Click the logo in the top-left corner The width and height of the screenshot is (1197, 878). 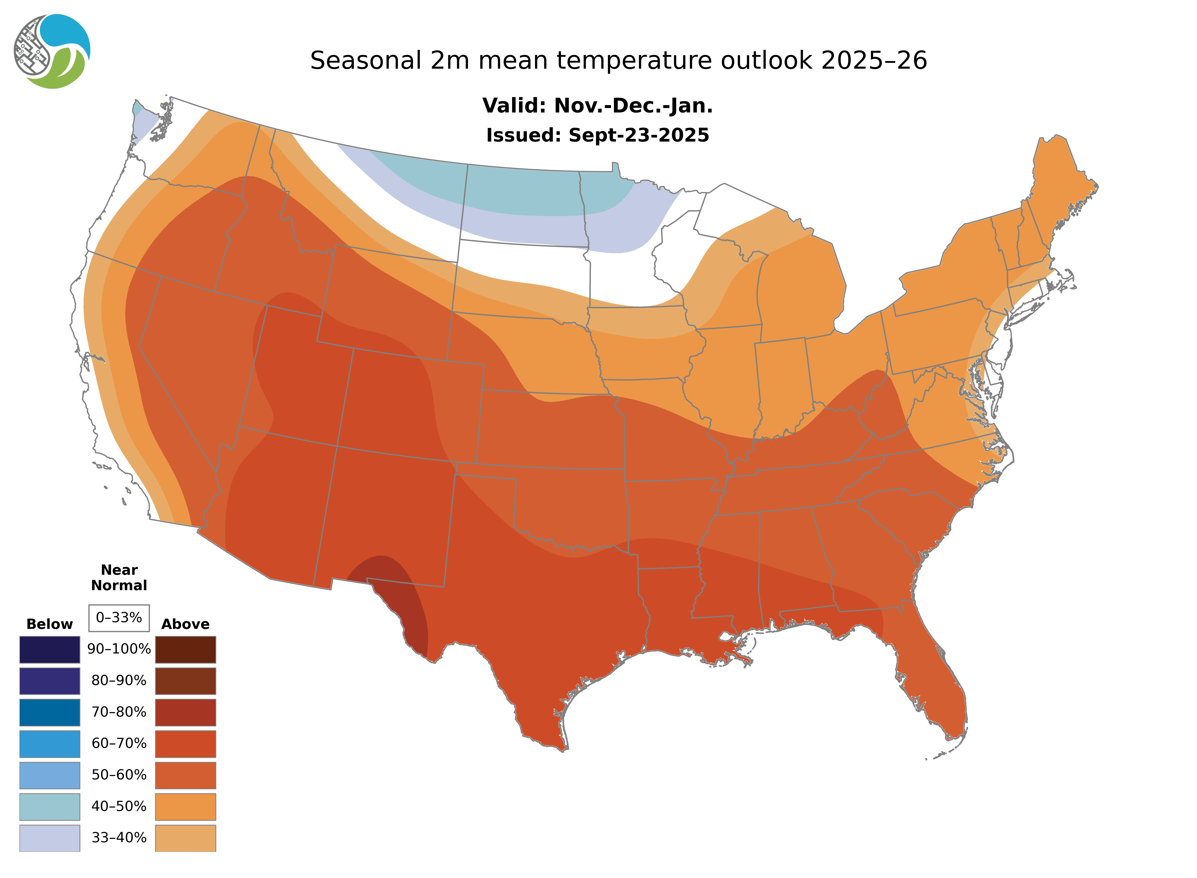[52, 52]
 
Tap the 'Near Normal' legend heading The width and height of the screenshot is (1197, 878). [119, 578]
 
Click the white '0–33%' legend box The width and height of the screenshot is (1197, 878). [119, 618]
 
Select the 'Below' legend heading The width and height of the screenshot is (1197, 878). [49, 624]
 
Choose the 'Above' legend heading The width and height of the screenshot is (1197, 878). [185, 624]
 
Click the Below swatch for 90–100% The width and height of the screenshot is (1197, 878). [49, 649]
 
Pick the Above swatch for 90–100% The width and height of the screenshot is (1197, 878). [185, 649]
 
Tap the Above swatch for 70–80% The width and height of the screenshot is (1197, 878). [185, 712]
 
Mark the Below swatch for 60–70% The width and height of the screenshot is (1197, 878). [49, 744]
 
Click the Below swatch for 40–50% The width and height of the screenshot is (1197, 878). [49, 806]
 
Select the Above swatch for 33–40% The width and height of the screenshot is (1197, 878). [185, 838]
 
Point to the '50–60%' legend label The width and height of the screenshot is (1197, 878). [119, 775]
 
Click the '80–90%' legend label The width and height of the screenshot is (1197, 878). [119, 681]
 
